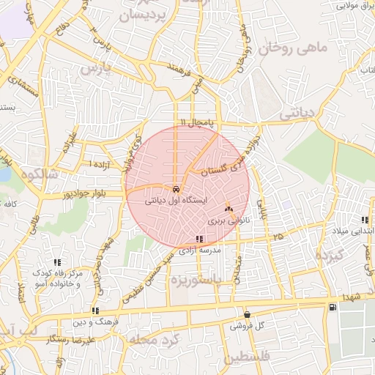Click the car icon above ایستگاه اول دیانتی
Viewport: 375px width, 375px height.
click(177, 188)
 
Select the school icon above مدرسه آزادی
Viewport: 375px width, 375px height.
click(200, 239)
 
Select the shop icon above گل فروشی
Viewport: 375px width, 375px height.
click(247, 315)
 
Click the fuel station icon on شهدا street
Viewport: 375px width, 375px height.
click(333, 308)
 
